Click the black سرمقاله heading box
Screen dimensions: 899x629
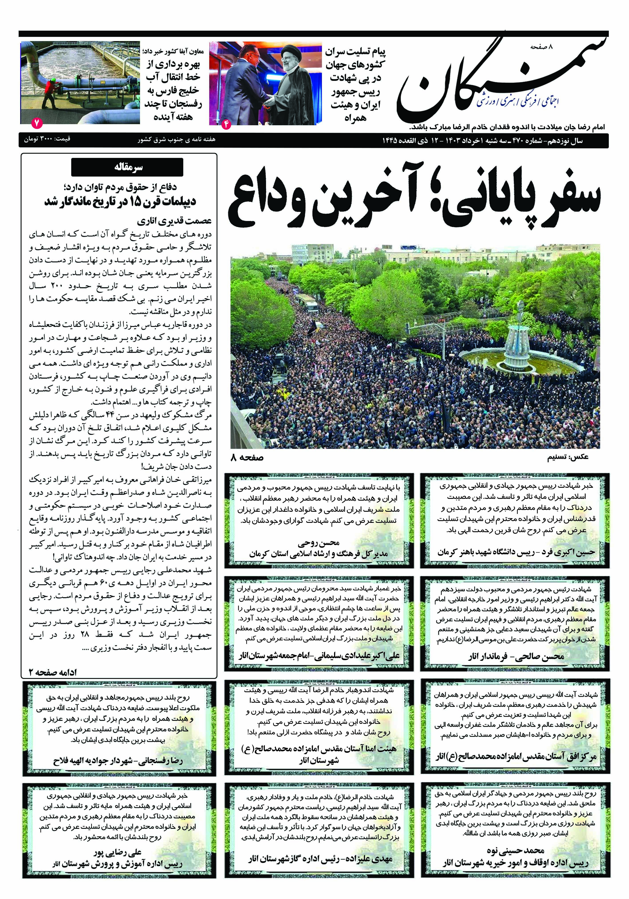[127, 168]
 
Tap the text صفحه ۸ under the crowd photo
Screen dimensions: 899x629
[247, 457]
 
